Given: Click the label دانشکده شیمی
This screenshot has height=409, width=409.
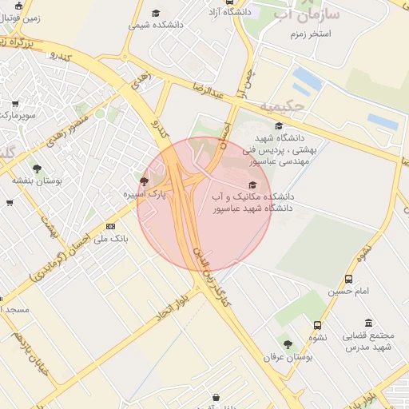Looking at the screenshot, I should [156, 25].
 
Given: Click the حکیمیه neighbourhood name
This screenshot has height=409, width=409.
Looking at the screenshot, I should [282, 105].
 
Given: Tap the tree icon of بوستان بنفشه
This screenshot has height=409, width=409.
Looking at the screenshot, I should [37, 168].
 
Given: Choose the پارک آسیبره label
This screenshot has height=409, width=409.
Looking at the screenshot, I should [145, 194].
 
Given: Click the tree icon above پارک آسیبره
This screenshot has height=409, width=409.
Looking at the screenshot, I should [144, 181].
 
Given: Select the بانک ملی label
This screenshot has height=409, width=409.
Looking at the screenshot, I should [110, 239].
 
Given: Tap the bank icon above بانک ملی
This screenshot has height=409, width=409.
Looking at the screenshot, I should [110, 227].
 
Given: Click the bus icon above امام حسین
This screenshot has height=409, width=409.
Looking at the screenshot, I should [349, 279].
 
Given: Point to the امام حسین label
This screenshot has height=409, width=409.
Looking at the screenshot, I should [350, 292].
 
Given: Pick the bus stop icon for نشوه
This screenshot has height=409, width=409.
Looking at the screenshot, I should [318, 325].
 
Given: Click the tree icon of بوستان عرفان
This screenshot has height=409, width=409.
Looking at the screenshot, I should [287, 344].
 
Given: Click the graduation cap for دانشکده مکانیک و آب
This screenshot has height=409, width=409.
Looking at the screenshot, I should [252, 185].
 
